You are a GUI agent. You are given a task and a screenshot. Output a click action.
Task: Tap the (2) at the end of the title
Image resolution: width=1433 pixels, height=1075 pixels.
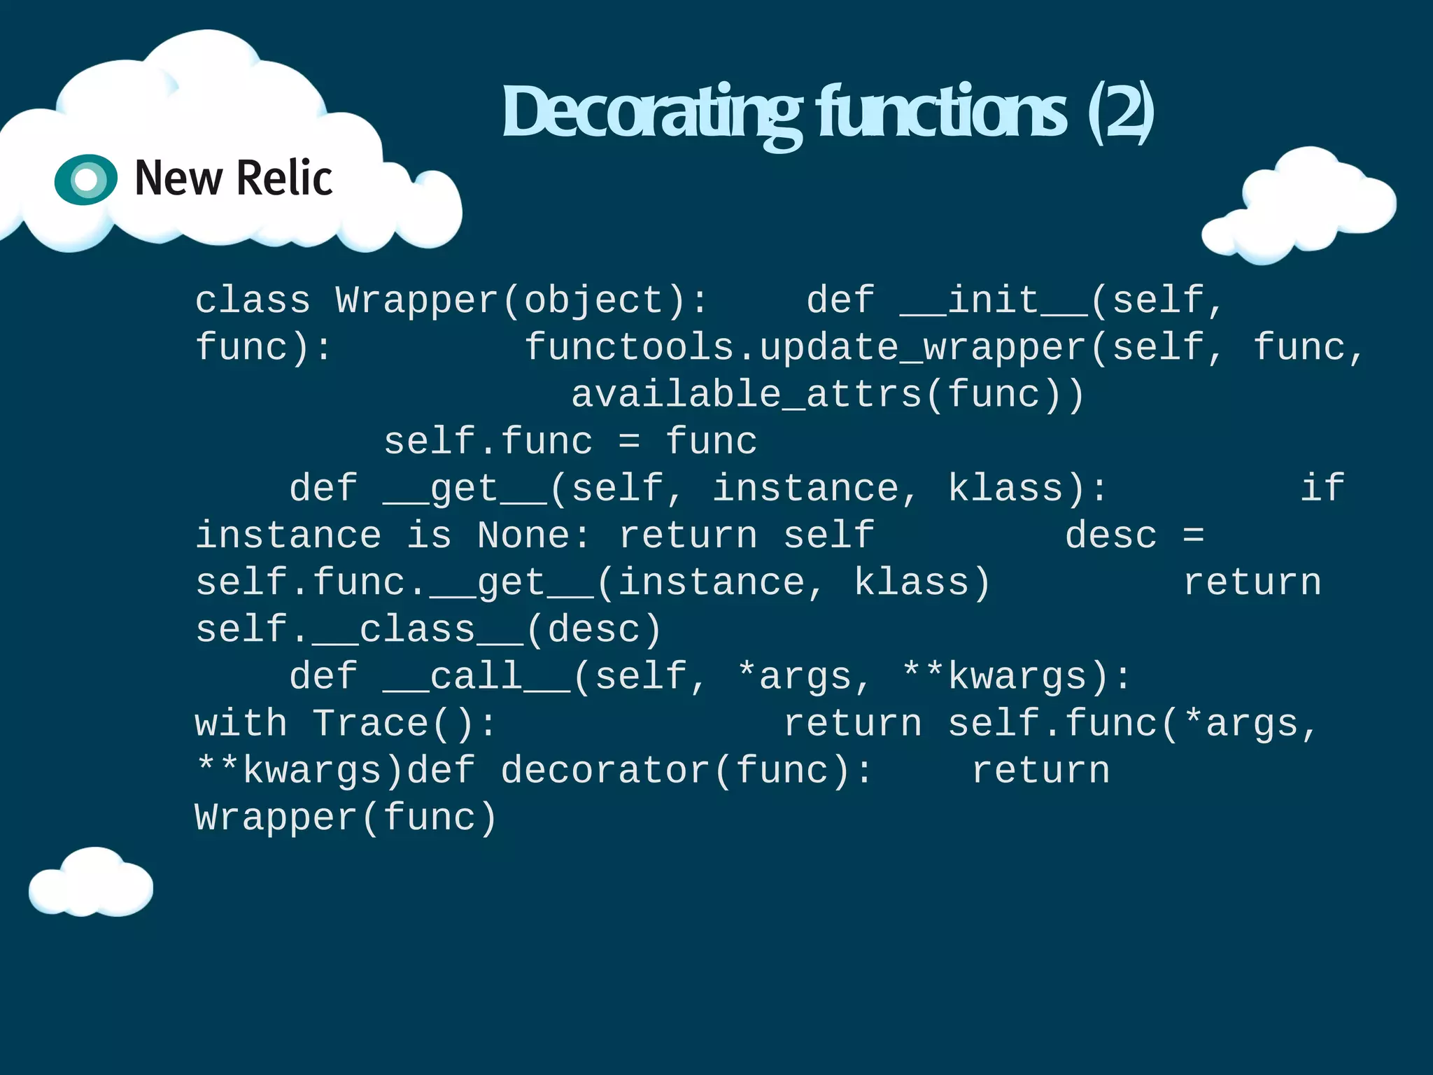pos(1120,112)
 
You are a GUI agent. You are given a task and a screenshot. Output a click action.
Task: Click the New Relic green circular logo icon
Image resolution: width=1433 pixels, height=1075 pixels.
pos(86,179)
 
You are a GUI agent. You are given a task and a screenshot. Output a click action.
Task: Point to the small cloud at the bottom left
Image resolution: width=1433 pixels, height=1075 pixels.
pos(91,883)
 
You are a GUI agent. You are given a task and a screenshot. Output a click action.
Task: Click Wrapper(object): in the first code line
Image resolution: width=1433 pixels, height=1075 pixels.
pos(522,301)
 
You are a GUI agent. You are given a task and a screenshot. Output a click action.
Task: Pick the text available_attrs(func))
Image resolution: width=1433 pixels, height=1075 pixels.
pos(828,395)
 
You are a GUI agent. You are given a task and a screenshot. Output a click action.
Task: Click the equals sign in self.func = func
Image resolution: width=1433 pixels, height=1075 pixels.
pos(629,442)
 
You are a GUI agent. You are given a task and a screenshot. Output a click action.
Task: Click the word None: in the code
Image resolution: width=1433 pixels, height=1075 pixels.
pos(535,536)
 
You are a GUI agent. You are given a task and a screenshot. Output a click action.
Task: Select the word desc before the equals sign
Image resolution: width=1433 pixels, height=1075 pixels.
pos(1111,536)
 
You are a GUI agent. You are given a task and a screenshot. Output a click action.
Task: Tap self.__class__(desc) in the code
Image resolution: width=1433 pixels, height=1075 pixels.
pos(428,630)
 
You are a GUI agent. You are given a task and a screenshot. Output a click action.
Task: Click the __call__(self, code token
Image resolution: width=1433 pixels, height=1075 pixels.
pos(545,677)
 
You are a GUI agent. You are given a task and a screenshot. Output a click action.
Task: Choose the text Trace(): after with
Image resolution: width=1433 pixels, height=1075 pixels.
pos(404,724)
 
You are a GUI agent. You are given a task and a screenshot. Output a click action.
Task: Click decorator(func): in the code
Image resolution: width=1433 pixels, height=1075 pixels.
pos(686,771)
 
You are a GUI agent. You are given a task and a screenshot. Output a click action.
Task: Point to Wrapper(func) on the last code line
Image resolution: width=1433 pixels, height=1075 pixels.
pos(346,817)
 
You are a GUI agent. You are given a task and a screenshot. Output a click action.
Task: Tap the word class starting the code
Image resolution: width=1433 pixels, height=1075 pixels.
pos(253,301)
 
